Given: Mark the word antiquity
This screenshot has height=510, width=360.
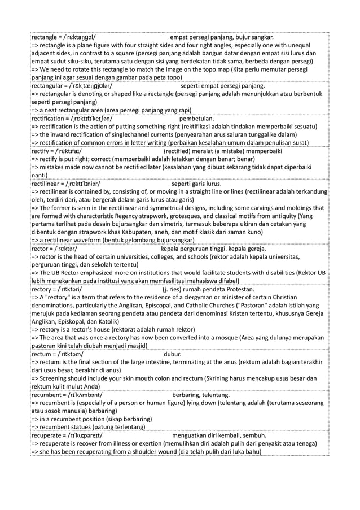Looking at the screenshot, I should tap(284, 216).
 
